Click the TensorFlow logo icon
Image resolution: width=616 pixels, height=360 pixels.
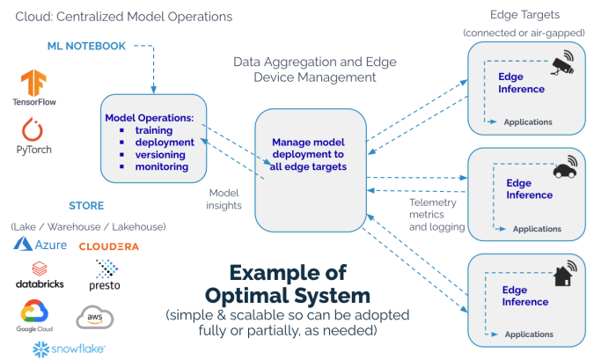pos(33,83)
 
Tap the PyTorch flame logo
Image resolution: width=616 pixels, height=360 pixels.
pos(33,129)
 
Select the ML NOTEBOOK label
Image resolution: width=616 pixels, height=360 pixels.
pos(86,46)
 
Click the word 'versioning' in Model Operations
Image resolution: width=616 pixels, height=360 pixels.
pos(160,154)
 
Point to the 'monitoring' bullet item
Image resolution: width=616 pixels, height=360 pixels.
pos(162,166)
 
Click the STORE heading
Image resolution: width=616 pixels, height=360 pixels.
pos(86,206)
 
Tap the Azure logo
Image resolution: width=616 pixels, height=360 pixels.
pos(40,245)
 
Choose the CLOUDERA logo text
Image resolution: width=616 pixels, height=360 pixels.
pos(109,246)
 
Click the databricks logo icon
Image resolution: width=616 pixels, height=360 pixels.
pos(40,268)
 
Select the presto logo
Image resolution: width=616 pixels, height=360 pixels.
pos(105,275)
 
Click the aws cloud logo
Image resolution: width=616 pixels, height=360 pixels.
pos(95,317)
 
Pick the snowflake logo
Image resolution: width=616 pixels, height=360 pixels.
pos(70,349)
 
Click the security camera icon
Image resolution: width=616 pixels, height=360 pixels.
pos(563,62)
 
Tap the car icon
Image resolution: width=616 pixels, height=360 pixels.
pos(565,167)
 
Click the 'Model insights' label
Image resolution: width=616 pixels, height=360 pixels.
pos(224,199)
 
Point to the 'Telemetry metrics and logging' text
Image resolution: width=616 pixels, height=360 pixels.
pos(436,215)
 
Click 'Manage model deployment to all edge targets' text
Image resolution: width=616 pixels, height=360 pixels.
pos(308,154)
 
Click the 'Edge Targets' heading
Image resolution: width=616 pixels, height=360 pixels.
pos(524,15)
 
